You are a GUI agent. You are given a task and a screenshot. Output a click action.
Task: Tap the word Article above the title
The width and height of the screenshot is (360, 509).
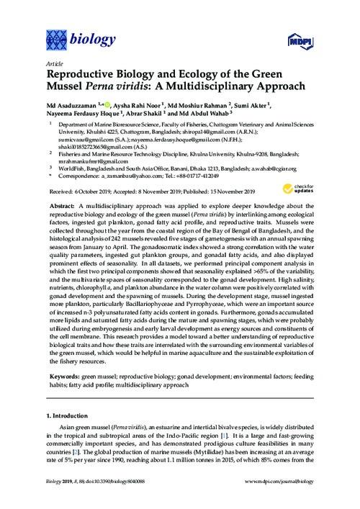coord(53,63)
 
